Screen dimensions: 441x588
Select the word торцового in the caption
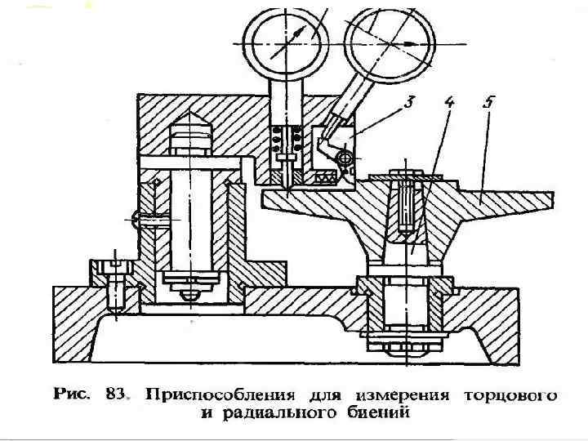(x=510, y=396)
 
